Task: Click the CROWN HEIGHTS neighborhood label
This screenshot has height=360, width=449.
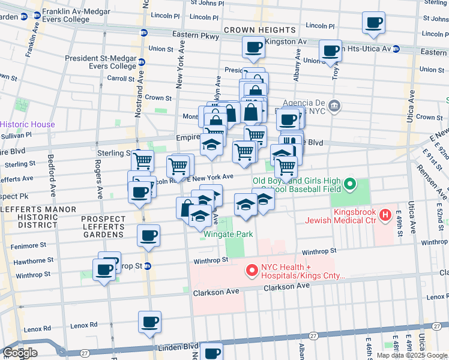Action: pyautogui.click(x=260, y=30)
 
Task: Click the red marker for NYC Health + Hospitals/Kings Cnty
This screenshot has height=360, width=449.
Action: pyautogui.click(x=252, y=272)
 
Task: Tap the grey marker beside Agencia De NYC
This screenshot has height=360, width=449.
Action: pyautogui.click(x=335, y=106)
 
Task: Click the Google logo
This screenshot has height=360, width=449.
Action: pyautogui.click(x=20, y=353)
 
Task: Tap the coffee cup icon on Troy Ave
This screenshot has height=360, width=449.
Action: pyautogui.click(x=330, y=50)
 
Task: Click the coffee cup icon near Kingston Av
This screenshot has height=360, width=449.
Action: pyautogui.click(x=253, y=47)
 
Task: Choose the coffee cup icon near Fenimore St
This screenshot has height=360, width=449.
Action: pyautogui.click(x=148, y=235)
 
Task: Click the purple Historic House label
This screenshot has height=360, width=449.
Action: pyautogui.click(x=28, y=124)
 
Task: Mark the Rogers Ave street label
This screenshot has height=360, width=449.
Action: pyautogui.click(x=99, y=179)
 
